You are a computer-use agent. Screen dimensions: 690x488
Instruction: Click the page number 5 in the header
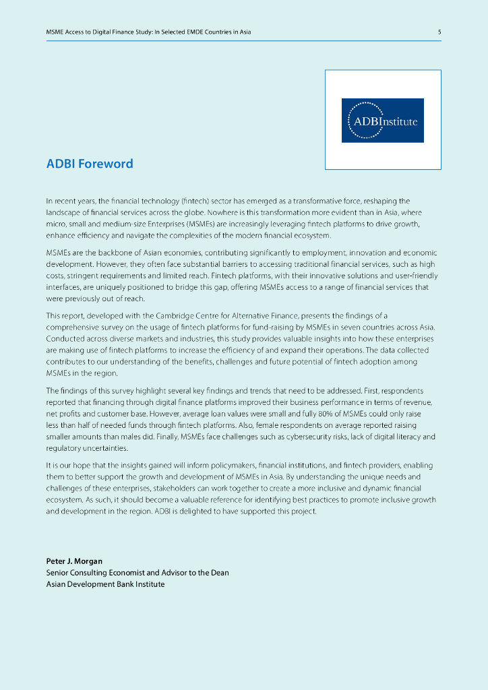coord(439,32)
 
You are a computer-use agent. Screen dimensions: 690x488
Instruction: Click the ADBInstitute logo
coord(383,120)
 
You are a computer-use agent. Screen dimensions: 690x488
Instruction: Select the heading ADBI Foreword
coord(90,164)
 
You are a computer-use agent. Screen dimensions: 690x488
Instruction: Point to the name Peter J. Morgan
coord(74,561)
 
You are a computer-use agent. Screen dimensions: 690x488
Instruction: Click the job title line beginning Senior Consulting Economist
coord(138,573)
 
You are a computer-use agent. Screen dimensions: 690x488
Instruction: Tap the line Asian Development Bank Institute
coord(105,584)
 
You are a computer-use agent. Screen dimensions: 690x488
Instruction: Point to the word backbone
coord(112,253)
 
